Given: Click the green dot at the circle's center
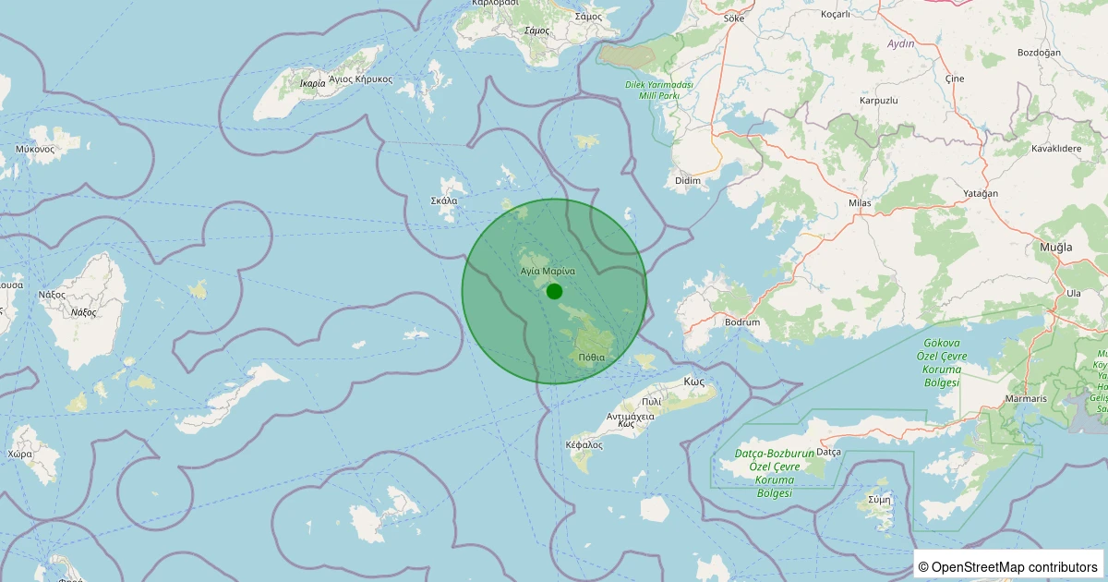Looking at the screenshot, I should pos(554,291).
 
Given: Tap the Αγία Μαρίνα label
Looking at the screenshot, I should pos(548,272).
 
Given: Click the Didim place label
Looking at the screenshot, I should pos(688,180).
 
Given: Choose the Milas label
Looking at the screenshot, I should pos(860,202).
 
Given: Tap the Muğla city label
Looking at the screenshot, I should pos(1054,247).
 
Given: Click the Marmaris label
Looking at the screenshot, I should pos(1027,399).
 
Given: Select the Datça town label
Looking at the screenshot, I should pos(829,452).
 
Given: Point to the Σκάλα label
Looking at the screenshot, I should pos(444,200).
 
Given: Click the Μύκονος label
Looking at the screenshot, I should pos(35,149).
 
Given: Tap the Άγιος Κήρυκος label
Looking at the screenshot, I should pos(361,79).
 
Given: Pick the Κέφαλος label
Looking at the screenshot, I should pos(584,444).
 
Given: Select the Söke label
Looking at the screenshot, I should pos(735,18).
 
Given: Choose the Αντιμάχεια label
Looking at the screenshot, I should pos(630,416).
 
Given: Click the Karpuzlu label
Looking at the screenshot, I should pos(878,99).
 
